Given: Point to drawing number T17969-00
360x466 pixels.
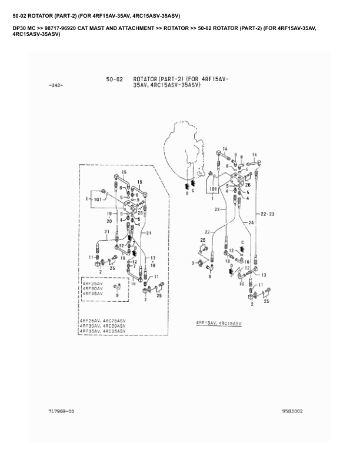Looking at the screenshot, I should coord(62,411).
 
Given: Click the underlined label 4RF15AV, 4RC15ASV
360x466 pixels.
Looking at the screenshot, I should coord(219,324).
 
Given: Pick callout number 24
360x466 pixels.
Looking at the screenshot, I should coord(251,222).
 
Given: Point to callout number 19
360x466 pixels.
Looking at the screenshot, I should coord(109,214).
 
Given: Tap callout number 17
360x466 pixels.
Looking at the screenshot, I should coord(153,258).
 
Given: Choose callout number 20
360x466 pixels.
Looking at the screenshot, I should coord(109,221).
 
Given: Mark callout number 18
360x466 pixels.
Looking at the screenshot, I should coord(153,265).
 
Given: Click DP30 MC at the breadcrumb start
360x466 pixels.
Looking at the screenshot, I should coord(24,28).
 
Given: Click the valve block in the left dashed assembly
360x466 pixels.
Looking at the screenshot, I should coord(130,207).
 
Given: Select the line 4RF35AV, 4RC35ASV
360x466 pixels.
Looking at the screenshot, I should coord(102,332).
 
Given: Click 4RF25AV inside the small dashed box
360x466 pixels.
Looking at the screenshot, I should coord(92,284).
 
